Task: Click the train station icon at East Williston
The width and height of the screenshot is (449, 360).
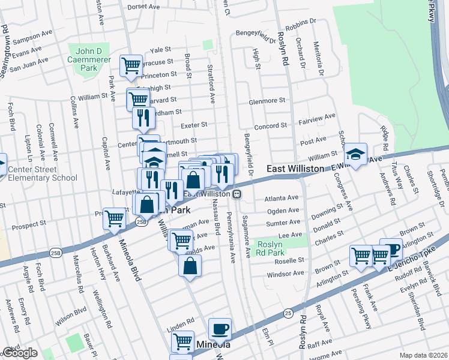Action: (x=238, y=194)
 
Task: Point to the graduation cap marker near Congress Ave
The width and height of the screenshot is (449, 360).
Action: (x=356, y=154)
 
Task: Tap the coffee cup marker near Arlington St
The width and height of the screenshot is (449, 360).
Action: (x=391, y=249)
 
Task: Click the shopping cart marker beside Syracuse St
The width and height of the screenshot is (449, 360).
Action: (x=131, y=65)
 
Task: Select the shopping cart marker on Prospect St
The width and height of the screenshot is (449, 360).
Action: (x=114, y=218)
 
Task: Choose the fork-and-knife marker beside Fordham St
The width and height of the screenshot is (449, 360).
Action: (x=143, y=118)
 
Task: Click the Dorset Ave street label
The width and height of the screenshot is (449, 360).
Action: (x=143, y=7)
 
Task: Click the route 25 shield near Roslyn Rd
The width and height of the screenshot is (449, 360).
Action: (x=289, y=313)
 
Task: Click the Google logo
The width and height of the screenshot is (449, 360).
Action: (x=20, y=353)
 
